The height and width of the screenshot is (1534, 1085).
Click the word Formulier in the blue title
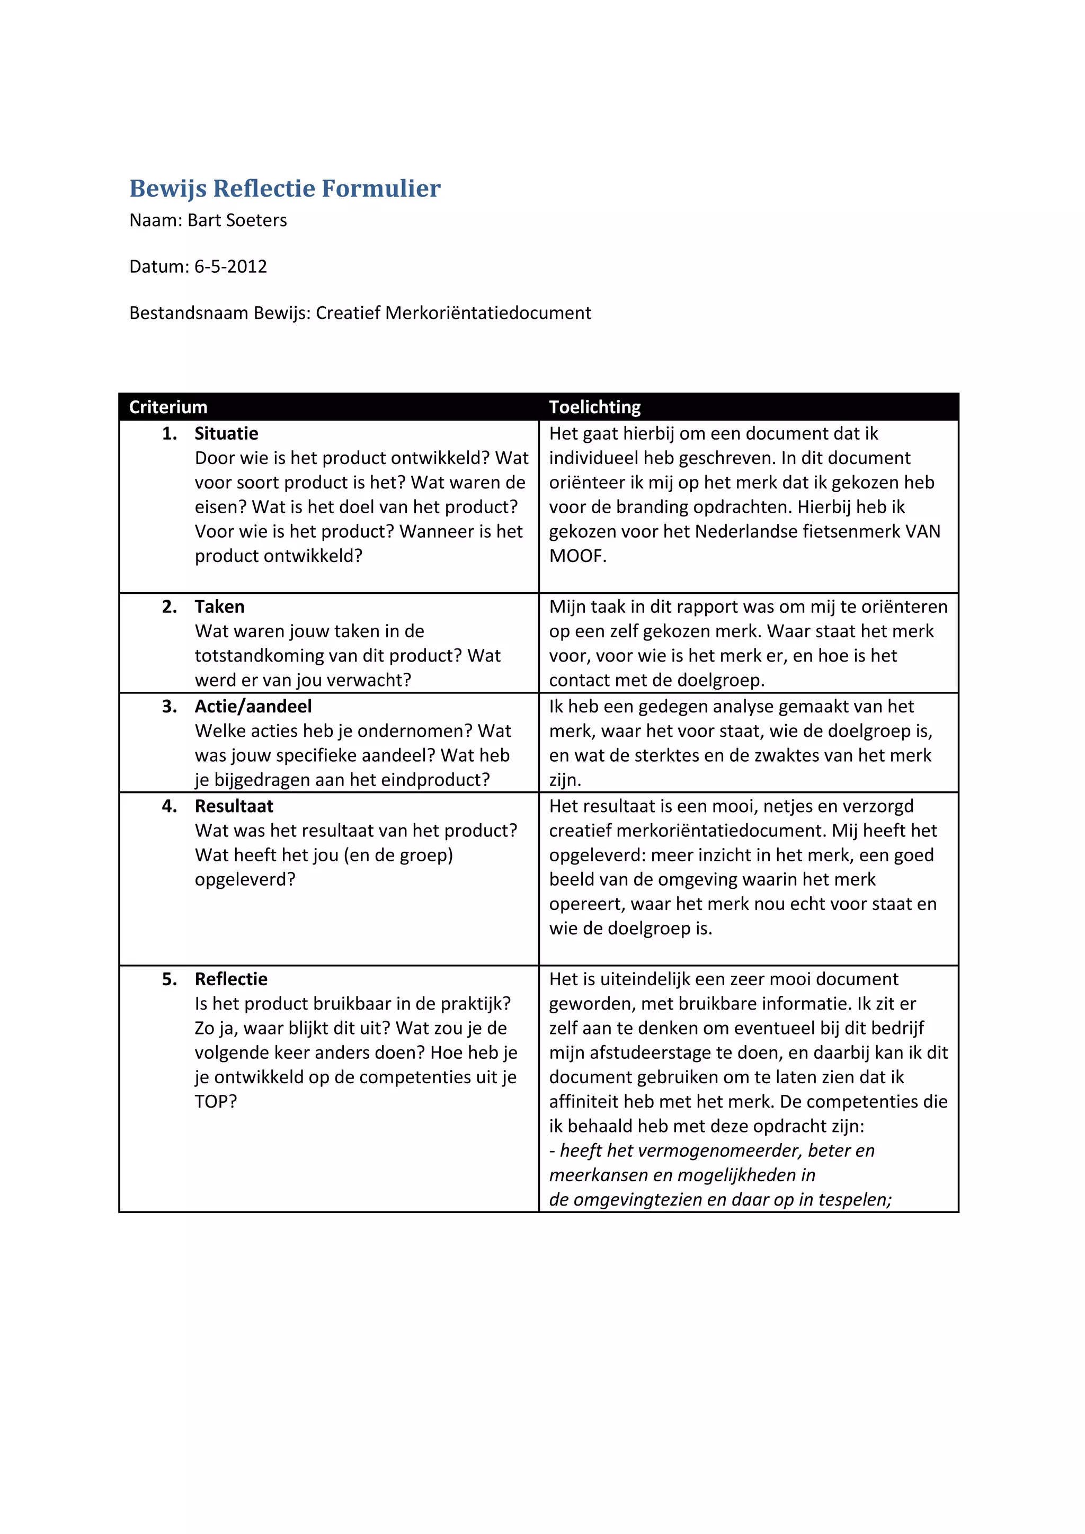(x=381, y=189)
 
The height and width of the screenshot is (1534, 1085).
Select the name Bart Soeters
(x=237, y=220)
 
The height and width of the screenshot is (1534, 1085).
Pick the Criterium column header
(x=168, y=407)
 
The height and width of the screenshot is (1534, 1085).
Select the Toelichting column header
(x=594, y=407)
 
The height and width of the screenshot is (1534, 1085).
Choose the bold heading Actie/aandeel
(x=253, y=706)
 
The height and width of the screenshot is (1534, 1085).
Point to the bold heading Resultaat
(x=234, y=806)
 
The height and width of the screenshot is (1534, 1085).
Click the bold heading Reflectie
(x=230, y=979)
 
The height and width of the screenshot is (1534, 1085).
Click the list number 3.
(x=169, y=706)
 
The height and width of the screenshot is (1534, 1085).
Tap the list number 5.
(x=169, y=979)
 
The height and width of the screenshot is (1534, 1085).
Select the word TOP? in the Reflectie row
(x=215, y=1101)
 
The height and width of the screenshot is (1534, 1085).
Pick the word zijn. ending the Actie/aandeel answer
(x=565, y=780)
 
